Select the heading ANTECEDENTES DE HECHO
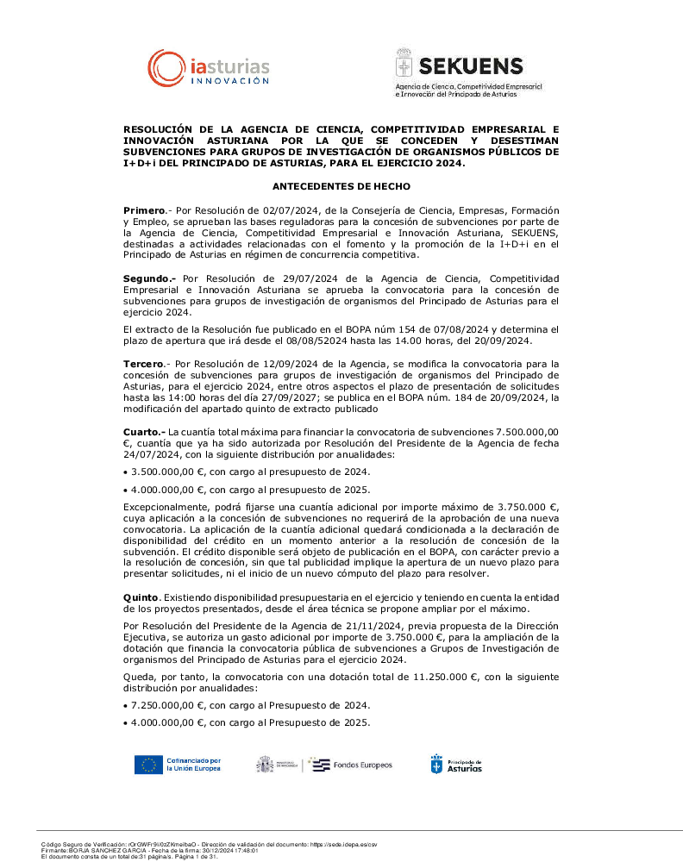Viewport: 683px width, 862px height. [x=341, y=186]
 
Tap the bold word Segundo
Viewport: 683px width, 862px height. [x=148, y=278]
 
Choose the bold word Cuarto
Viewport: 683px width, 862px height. [x=143, y=431]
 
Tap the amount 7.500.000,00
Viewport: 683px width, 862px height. [x=526, y=431]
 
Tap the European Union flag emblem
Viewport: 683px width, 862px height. [x=148, y=765]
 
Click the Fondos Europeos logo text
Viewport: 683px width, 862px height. [x=362, y=765]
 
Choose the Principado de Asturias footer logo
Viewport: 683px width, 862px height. [x=456, y=765]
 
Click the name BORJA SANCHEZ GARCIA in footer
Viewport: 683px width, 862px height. [x=100, y=851]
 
